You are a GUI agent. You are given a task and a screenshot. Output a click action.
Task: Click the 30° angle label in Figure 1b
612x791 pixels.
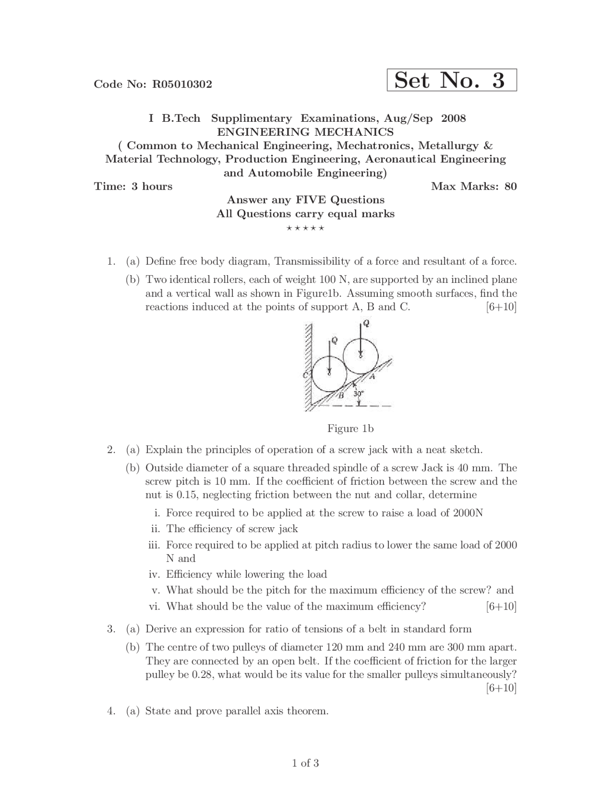pyautogui.click(x=359, y=394)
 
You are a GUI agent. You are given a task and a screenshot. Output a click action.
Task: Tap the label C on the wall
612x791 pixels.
pyautogui.click(x=306, y=375)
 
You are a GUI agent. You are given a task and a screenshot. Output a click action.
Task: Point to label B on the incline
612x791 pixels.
pyautogui.click(x=341, y=395)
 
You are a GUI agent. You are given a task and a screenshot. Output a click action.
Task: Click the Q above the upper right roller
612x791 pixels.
pyautogui.click(x=366, y=323)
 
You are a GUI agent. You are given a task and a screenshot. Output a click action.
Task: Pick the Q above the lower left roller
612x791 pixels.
pyautogui.click(x=334, y=341)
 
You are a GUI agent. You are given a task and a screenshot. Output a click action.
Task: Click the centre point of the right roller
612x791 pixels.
pyautogui.click(x=361, y=355)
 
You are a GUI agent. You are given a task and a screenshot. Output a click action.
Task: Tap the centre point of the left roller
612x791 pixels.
pyautogui.click(x=329, y=374)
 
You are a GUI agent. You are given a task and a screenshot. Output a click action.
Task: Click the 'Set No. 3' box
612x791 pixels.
pyautogui.click(x=451, y=80)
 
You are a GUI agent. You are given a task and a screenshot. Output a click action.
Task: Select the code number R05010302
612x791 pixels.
pyautogui.click(x=182, y=85)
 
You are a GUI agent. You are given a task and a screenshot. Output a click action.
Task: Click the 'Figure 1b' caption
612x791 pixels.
pyautogui.click(x=350, y=428)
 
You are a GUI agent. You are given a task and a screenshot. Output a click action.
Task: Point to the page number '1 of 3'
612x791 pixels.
pyautogui.click(x=306, y=763)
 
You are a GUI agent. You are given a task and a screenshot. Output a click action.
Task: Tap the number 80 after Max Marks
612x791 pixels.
pyautogui.click(x=510, y=186)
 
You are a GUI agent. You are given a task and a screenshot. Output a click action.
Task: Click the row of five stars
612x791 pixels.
pyautogui.click(x=306, y=228)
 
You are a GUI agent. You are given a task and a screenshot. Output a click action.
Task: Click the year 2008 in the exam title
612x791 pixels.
pyautogui.click(x=453, y=118)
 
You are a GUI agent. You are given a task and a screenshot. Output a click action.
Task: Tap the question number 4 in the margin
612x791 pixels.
pyautogui.click(x=110, y=711)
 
